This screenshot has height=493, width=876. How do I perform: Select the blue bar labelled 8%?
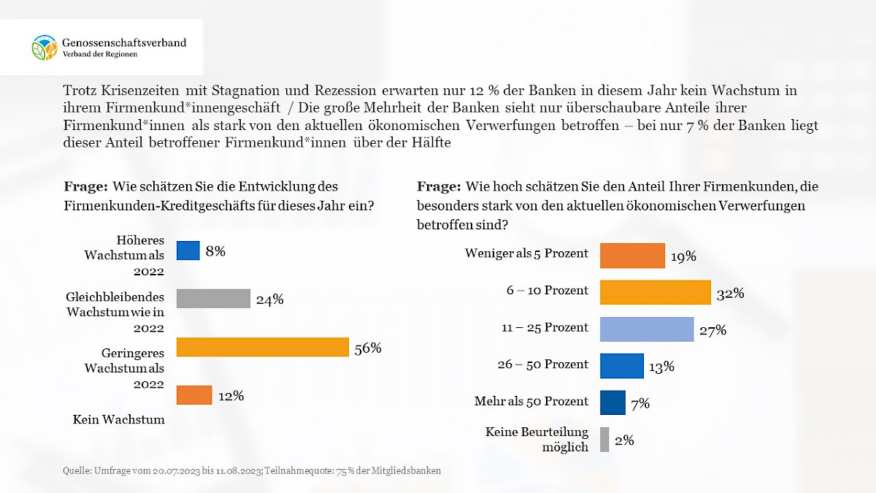[188, 251]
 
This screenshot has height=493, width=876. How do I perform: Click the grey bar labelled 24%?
[213, 298]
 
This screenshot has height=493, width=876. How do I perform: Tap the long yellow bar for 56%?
[262, 347]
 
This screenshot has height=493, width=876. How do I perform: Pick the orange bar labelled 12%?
[194, 395]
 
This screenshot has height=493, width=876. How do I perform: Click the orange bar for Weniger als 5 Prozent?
[632, 256]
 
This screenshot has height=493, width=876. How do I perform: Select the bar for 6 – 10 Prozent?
[655, 292]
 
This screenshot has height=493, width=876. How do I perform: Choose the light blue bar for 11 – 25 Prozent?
[646, 329]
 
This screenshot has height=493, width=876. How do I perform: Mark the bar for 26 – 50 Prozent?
[621, 366]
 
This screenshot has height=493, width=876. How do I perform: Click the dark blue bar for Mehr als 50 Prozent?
[612, 402]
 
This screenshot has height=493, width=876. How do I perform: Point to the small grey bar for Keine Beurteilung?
[604, 440]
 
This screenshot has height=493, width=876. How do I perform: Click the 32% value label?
[729, 294]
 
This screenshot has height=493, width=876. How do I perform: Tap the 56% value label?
[367, 348]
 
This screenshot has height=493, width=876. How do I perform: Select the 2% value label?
[624, 440]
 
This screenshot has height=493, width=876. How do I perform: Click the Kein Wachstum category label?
[118, 419]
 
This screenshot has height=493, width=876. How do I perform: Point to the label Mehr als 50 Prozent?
[531, 401]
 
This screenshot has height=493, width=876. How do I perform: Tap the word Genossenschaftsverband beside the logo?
[124, 42]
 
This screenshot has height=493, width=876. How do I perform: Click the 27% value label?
[712, 330]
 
